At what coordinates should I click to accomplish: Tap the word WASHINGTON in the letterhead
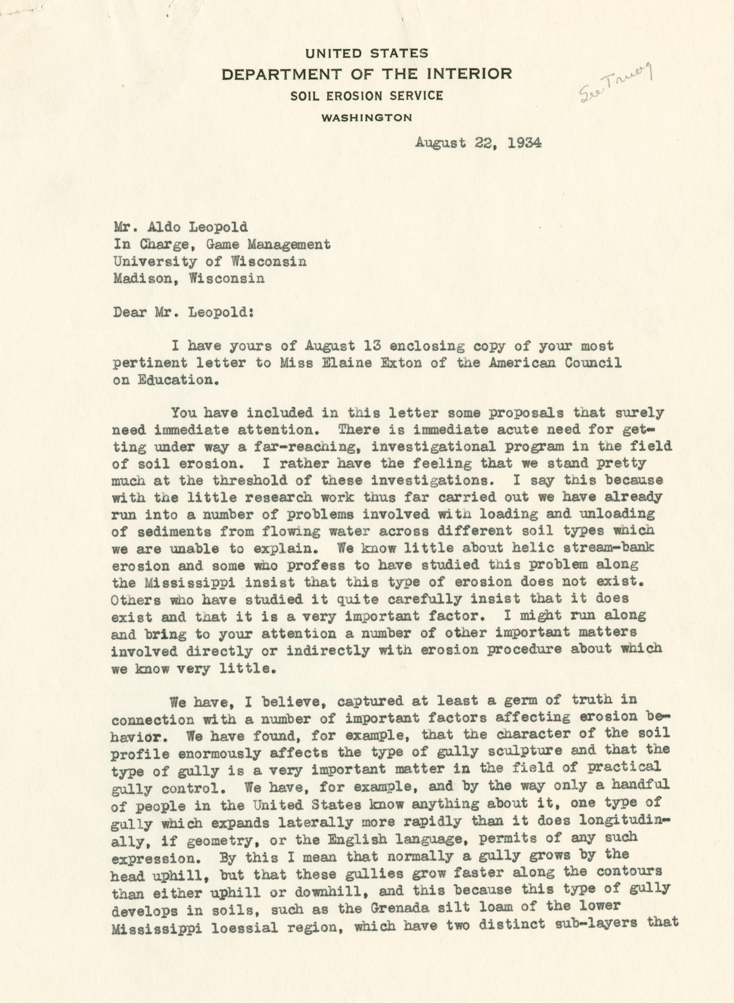[x=366, y=118]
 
